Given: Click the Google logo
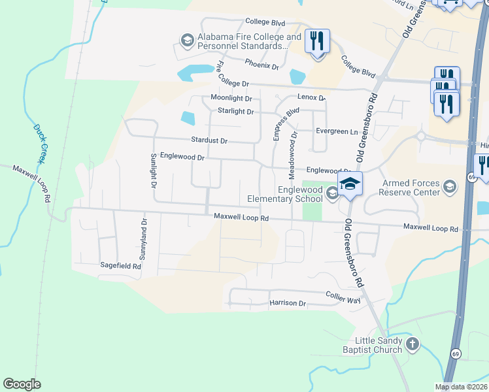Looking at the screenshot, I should pyautogui.click(x=22, y=384).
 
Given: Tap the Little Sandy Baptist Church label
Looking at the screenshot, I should pyautogui.click(x=378, y=345).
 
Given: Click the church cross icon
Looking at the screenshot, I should pyautogui.click(x=412, y=344).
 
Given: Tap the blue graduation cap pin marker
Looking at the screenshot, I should pyautogui.click(x=350, y=185).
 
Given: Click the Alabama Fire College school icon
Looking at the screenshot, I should pyautogui.click(x=187, y=41).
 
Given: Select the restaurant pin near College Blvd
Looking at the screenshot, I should pyautogui.click(x=317, y=42).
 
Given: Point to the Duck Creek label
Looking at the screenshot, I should pyautogui.click(x=39, y=143).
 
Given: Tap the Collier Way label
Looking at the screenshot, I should pyautogui.click(x=343, y=297).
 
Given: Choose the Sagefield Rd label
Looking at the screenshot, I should pyautogui.click(x=120, y=266).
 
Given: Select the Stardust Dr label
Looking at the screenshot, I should pyautogui.click(x=209, y=140).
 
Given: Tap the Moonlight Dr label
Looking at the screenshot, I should pyautogui.click(x=231, y=98).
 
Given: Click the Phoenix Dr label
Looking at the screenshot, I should pyautogui.click(x=261, y=66).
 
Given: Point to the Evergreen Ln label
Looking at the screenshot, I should pyautogui.click(x=337, y=131).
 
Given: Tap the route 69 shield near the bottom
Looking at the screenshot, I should pyautogui.click(x=454, y=353).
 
